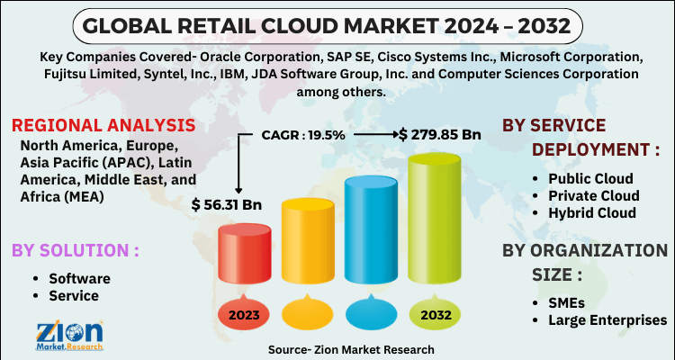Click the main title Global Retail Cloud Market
[x=337, y=22]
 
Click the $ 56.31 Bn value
[x=226, y=205]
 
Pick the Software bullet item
[x=79, y=278]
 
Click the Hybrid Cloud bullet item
[x=597, y=212]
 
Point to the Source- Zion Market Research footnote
[x=350, y=349]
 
